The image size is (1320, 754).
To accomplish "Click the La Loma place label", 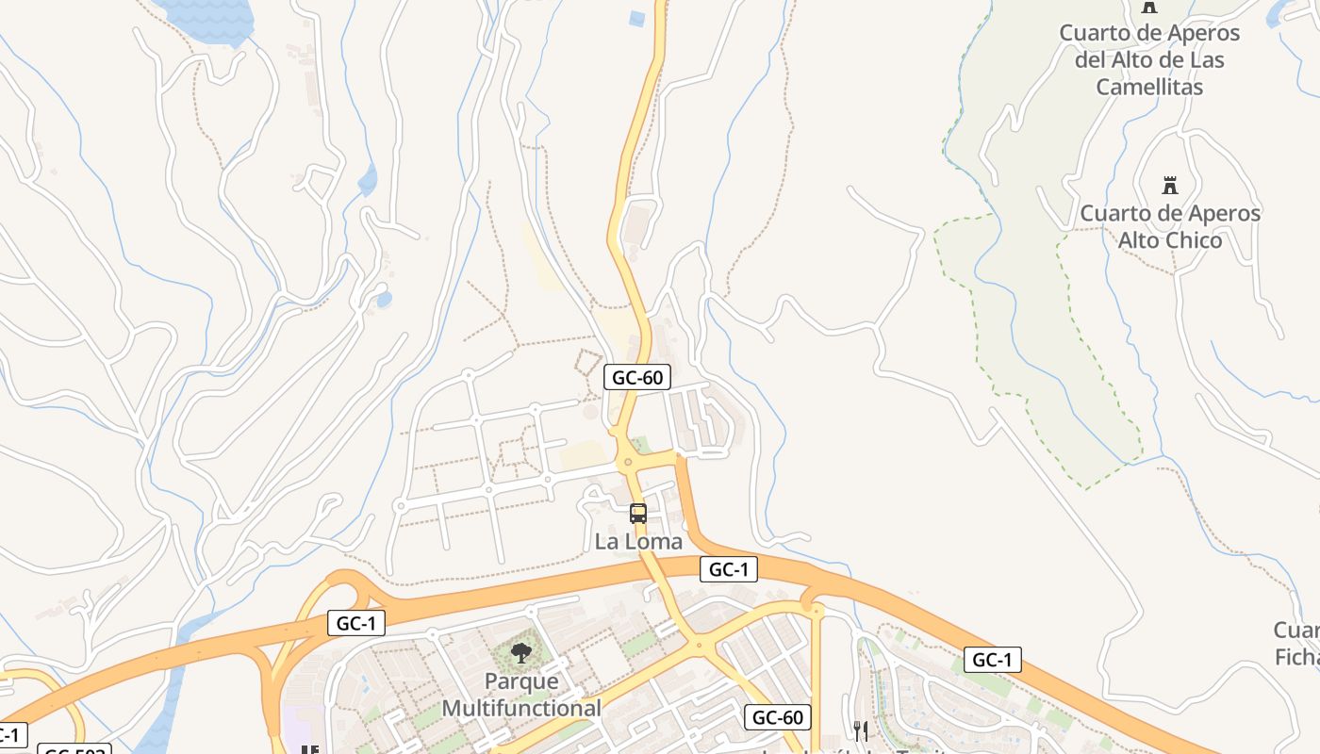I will (x=638, y=542).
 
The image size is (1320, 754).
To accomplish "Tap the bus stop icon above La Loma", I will (x=638, y=514).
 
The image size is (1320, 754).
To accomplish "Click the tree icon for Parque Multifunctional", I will (x=520, y=651).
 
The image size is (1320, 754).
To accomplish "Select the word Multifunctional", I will (x=520, y=708).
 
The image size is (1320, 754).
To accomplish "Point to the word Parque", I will (x=520, y=681).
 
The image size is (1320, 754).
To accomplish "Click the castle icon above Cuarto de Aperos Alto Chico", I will (x=1170, y=185).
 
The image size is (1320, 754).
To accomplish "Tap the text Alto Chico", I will (x=1169, y=240).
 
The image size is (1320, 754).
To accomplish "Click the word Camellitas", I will (x=1149, y=88).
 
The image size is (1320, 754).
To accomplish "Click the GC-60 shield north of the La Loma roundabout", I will (x=637, y=378).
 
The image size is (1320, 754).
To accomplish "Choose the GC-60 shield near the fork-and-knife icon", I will (x=778, y=717).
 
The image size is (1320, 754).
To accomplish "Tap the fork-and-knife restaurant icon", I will (x=860, y=730).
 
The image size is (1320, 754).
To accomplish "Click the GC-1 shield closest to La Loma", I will (x=729, y=569).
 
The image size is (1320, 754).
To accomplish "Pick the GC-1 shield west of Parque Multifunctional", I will (x=356, y=623).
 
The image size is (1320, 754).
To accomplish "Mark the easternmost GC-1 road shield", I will (x=992, y=660).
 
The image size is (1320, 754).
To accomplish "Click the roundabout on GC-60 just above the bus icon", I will (x=626, y=462).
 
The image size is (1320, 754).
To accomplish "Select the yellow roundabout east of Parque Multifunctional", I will (x=698, y=646).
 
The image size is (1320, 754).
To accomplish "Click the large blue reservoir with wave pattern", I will (x=206, y=17).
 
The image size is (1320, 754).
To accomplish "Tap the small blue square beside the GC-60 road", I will (x=637, y=18).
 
